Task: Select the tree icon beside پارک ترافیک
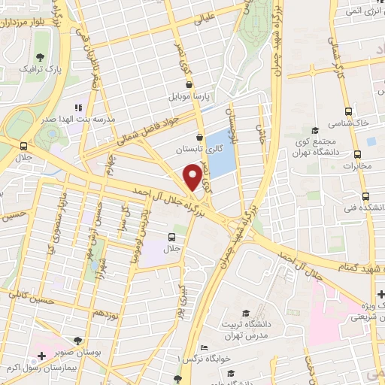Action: pyautogui.click(x=41, y=59)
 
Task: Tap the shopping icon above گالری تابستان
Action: pyautogui.click(x=199, y=137)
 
